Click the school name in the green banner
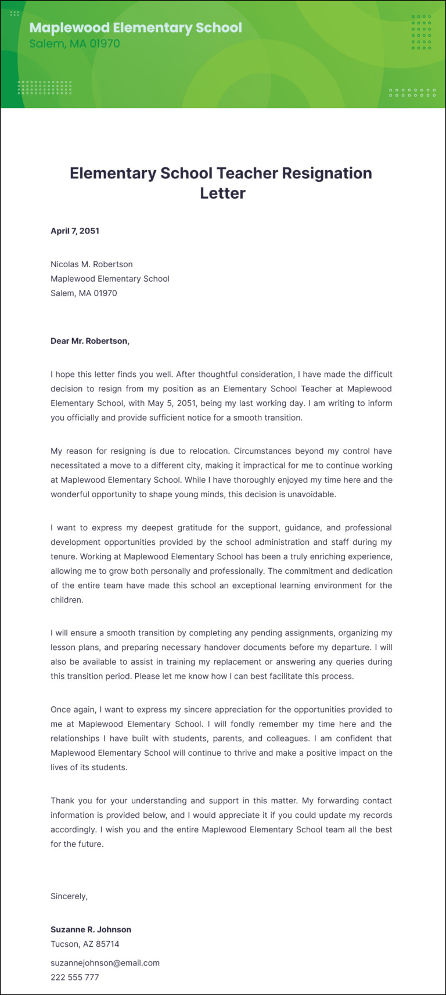click(x=135, y=27)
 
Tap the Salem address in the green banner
click(x=74, y=44)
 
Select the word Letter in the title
click(x=222, y=193)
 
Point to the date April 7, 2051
click(x=75, y=231)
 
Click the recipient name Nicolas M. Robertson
click(x=91, y=264)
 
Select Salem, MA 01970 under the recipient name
click(x=84, y=293)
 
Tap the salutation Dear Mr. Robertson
click(x=90, y=341)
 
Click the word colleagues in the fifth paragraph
click(x=287, y=738)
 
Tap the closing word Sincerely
click(x=69, y=896)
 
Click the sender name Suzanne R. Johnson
click(x=91, y=929)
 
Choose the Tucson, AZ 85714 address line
click(x=85, y=944)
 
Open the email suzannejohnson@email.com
click(x=105, y=962)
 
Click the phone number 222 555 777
click(x=74, y=977)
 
